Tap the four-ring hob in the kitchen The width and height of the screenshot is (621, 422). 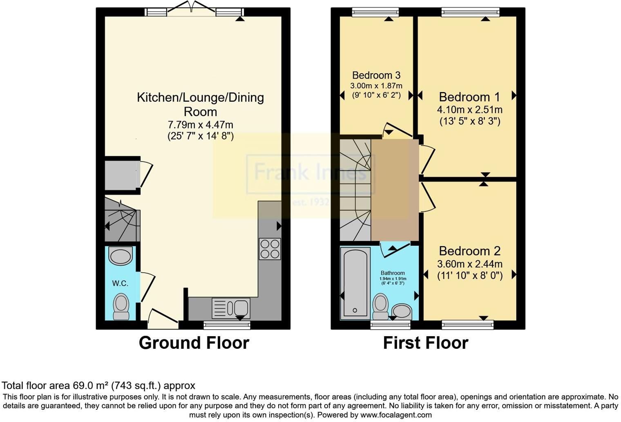point(270,249)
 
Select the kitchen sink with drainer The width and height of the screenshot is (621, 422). point(231,308)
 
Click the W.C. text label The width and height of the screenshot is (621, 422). point(120,283)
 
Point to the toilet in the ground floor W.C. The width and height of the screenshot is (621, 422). point(121,306)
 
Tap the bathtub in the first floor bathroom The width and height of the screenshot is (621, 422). point(355,283)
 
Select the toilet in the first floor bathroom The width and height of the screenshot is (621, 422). point(381,306)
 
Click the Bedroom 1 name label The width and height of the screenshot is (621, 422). point(469,97)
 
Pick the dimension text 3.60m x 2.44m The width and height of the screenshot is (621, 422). point(470,264)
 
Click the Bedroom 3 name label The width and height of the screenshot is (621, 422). point(376,75)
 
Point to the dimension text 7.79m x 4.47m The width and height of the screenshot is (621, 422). point(200,125)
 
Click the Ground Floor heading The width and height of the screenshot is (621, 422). point(194,343)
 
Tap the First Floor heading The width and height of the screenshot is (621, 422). point(425,343)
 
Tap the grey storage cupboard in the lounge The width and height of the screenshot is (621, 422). point(121,175)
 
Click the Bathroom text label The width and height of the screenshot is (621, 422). point(393,273)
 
